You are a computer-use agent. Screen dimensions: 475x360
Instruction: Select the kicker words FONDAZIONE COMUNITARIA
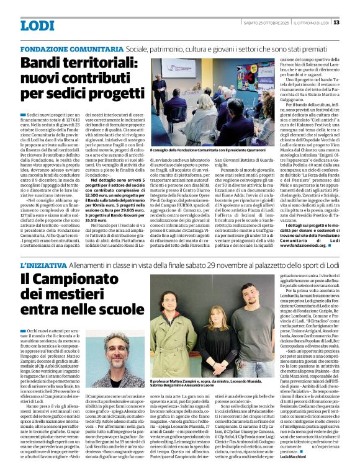(71, 48)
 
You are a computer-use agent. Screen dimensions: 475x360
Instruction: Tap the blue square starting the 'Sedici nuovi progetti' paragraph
(23, 115)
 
